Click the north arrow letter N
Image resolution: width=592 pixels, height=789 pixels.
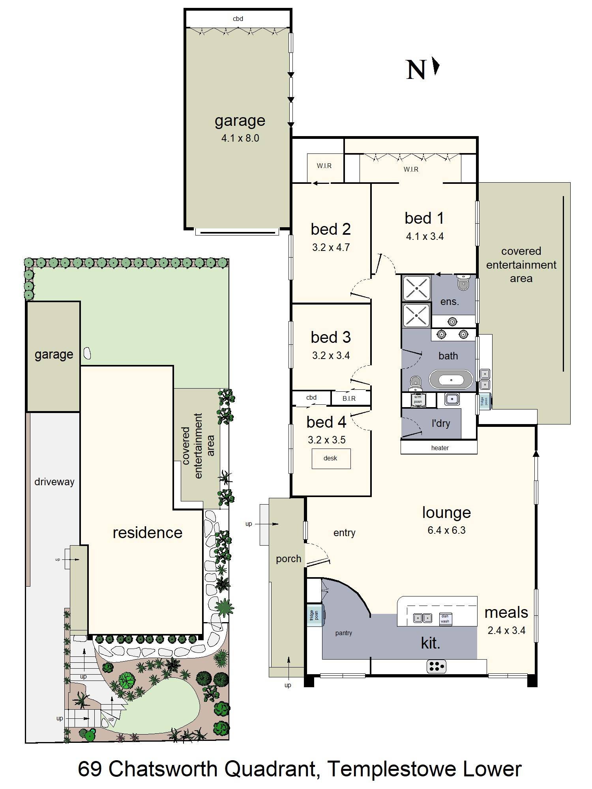pos(416,70)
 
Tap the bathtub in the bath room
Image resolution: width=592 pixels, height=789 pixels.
pos(451,380)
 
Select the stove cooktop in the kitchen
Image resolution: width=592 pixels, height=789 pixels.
pos(437,666)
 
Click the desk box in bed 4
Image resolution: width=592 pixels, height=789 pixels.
pos(331,458)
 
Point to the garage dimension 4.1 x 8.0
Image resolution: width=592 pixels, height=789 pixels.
pos(240,138)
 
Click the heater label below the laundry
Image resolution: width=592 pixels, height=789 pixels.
pos(440,448)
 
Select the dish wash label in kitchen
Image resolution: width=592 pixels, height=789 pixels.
pos(445,619)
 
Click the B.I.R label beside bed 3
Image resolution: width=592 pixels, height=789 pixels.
pos(349,398)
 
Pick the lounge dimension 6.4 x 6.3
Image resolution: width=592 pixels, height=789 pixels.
pos(446,530)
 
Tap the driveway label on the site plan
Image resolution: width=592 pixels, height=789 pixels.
pos(54,482)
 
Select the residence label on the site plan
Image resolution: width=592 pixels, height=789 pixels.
pos(147,533)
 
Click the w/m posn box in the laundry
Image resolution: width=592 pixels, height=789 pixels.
pos(417,399)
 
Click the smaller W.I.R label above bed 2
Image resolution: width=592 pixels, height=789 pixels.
pos(324,166)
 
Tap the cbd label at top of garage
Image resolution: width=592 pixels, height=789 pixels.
pos(238,19)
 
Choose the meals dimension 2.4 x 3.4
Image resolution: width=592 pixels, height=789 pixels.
pos(506,630)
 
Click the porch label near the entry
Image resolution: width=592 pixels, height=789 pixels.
pos(289,559)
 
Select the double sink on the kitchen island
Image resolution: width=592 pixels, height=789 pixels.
pos(422,618)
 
